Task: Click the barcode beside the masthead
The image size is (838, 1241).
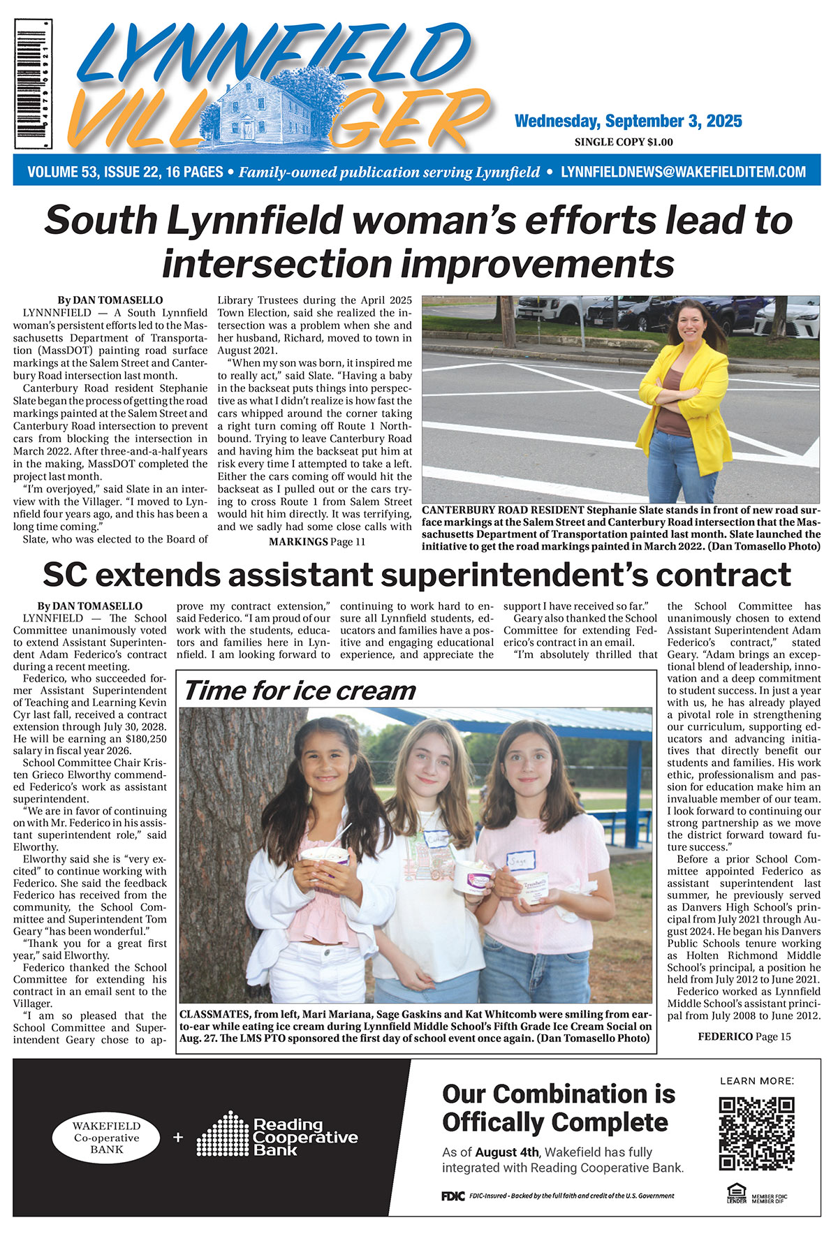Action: point(33,85)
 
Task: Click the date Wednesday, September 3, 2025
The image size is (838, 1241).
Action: point(628,121)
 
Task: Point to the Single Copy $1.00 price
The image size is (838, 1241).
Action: point(623,142)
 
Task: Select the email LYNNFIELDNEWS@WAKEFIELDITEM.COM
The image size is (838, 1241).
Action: point(683,172)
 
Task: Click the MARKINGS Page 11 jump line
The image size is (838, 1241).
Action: point(316,542)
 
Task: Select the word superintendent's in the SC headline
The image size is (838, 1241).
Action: point(524,575)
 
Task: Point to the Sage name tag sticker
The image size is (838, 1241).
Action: point(520,860)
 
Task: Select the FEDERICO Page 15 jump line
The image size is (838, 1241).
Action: point(744,1036)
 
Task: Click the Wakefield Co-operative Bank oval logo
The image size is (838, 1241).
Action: point(106,1137)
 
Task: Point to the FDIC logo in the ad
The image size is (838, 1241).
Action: point(453,1196)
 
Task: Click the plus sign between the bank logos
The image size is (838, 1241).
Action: point(178,1137)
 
